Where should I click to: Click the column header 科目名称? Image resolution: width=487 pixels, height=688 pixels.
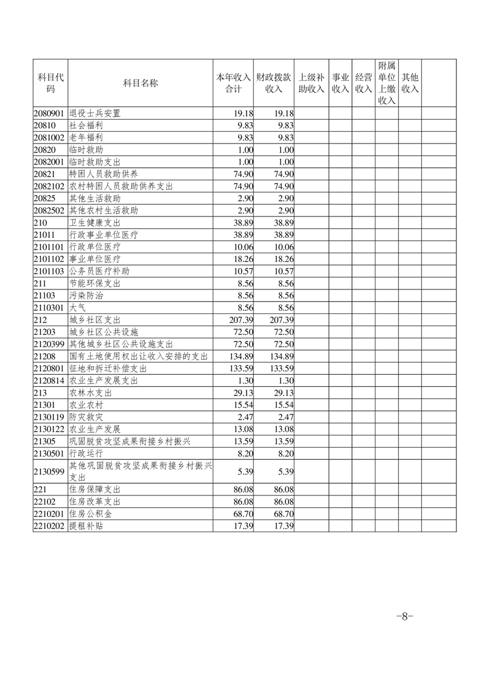coord(140,83)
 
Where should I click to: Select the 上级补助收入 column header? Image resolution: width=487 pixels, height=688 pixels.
coord(311,83)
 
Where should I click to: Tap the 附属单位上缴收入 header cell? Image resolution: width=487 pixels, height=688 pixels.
coord(386,83)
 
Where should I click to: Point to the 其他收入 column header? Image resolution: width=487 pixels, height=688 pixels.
coord(410,83)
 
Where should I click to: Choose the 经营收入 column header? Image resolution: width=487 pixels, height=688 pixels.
coord(364,83)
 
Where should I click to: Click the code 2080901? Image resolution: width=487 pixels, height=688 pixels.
coord(49,113)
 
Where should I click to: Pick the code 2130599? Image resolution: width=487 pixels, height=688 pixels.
coord(49,472)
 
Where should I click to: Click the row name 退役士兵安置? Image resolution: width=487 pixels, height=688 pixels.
coord(95,113)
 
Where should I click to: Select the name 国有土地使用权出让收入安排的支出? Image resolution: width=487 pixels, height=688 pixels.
coord(139,356)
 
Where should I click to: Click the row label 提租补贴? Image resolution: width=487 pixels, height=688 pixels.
coord(86,526)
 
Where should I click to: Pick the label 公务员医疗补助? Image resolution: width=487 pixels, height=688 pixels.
coord(99,271)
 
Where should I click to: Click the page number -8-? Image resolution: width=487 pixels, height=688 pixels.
coord(405,616)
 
